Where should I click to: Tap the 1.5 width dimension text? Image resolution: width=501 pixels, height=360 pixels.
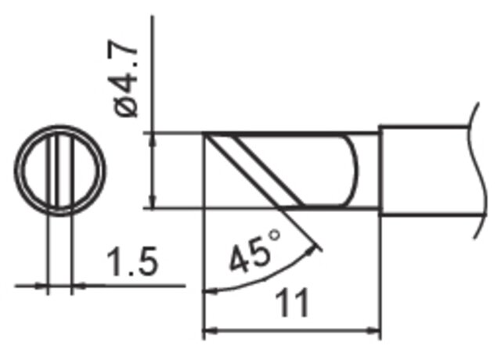[132, 261]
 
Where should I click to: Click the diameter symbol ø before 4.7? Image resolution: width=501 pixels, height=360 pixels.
[127, 106]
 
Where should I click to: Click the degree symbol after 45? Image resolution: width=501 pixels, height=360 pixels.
[275, 236]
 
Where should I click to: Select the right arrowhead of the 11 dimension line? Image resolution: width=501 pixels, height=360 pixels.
[373, 331]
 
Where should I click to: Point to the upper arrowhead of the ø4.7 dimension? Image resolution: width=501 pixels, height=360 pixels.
[153, 139]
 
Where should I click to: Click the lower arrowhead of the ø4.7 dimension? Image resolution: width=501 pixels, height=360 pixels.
[153, 201]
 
